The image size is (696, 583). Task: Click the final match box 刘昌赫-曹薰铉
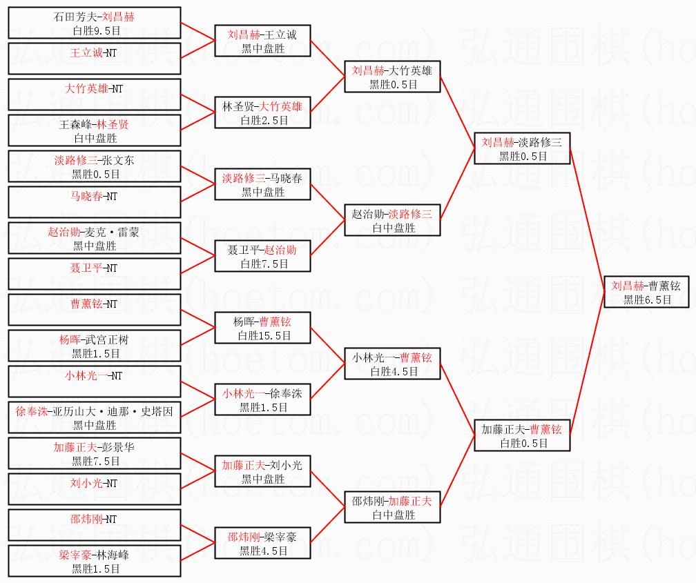[646, 291]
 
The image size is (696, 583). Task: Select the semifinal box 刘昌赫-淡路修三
[522, 148]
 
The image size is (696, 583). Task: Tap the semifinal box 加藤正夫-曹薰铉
[522, 435]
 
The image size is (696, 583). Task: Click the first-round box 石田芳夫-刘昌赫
[95, 23]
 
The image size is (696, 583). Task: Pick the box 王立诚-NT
[95, 59]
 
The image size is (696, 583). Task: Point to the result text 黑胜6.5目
[647, 300]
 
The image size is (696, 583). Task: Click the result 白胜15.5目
[264, 336]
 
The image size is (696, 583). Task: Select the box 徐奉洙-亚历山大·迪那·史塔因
[95, 417]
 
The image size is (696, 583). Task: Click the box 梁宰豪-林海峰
[95, 561]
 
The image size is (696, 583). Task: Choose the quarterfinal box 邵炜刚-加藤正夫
[392, 507]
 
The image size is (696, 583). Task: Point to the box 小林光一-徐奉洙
[262, 399]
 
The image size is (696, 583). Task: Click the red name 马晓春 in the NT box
[86, 196]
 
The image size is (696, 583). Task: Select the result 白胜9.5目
[97, 30]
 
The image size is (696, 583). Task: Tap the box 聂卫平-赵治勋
[262, 256]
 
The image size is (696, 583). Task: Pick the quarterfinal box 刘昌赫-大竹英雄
[392, 77]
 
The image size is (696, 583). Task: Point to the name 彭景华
[118, 447]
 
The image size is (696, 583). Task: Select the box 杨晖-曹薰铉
[262, 328]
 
